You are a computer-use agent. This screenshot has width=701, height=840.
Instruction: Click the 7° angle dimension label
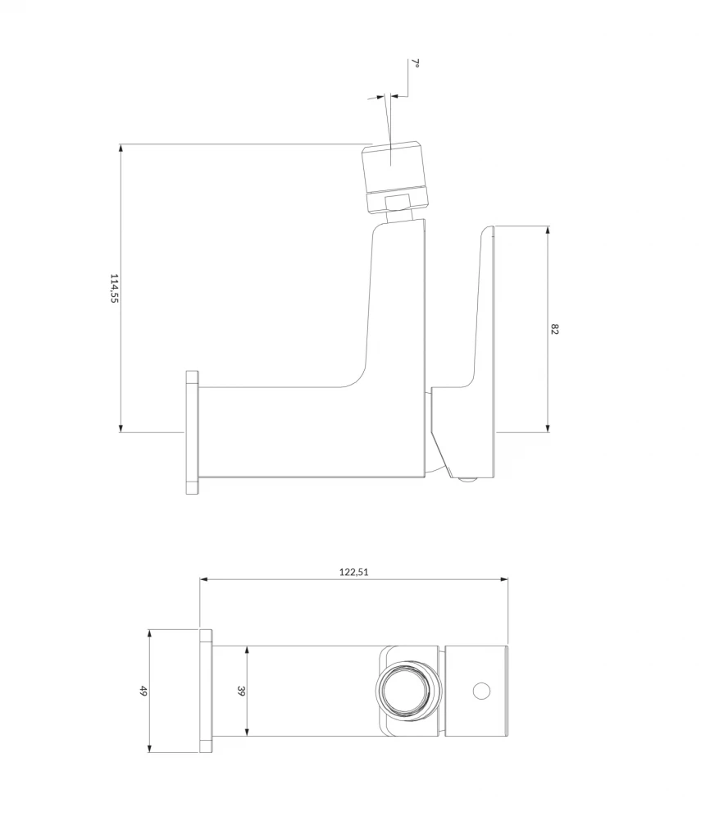click(x=416, y=65)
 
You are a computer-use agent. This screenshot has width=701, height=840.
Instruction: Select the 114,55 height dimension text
click(x=115, y=288)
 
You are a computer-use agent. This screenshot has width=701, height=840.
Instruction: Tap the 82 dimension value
click(x=555, y=329)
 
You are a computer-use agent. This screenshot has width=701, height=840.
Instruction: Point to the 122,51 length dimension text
click(x=354, y=572)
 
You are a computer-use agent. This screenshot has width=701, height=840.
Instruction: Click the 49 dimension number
click(x=143, y=692)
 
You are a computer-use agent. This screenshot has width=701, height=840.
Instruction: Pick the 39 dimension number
click(x=241, y=692)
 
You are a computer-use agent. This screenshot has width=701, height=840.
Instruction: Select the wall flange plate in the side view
click(x=192, y=432)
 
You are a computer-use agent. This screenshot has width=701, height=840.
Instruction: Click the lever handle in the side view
click(x=484, y=312)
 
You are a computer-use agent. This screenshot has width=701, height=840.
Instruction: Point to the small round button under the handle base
click(x=468, y=481)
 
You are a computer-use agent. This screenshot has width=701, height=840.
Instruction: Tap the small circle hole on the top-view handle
click(x=481, y=692)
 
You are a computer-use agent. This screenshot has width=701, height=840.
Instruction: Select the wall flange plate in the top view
click(x=206, y=692)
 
